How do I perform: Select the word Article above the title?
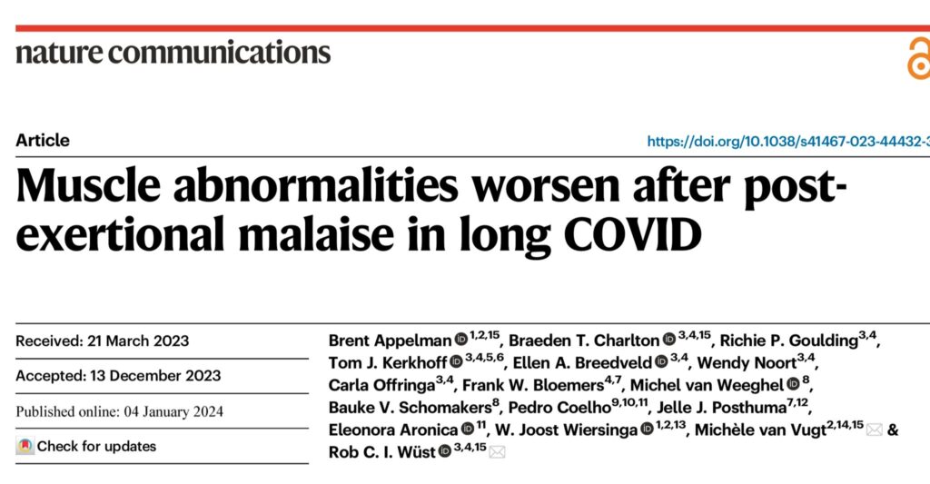click(x=43, y=141)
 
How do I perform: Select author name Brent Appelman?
click(x=390, y=341)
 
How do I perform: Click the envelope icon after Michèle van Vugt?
click(x=874, y=430)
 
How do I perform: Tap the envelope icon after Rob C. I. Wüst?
click(x=497, y=452)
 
